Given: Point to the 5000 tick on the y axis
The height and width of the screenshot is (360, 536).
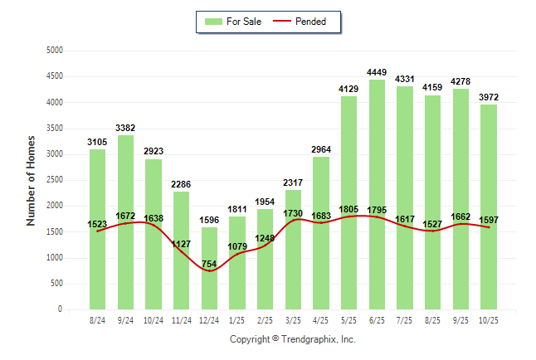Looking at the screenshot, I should (x=55, y=51).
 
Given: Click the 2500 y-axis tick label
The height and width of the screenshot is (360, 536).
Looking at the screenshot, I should (x=55, y=180).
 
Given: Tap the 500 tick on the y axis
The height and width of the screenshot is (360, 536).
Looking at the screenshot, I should (x=56, y=284).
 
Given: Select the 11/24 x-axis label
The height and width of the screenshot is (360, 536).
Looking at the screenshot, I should (x=181, y=320).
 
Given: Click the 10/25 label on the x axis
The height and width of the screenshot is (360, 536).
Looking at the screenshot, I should (x=489, y=320).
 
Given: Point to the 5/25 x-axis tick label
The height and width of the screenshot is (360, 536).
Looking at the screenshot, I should (x=348, y=320).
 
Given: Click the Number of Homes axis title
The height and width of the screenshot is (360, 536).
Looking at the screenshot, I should (x=32, y=180).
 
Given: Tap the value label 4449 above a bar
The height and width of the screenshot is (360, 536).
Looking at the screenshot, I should (x=377, y=72).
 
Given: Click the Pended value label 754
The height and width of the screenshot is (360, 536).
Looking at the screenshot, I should (x=209, y=265).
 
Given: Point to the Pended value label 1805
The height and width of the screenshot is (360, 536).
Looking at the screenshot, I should (x=348, y=210).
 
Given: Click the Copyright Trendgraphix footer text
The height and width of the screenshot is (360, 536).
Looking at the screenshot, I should (x=292, y=339).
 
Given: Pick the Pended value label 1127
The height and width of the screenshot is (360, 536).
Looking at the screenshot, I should (x=181, y=245).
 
